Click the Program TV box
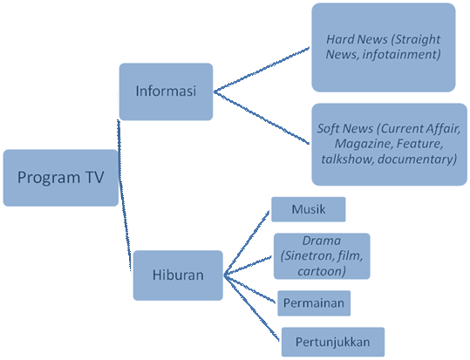61,178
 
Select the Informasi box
166,92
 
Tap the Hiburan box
178,275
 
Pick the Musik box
309,209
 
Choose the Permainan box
314,303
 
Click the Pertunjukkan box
333,342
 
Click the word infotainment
402,55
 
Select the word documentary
417,160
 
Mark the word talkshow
348,159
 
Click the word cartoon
322,271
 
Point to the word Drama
322,241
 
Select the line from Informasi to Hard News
262,69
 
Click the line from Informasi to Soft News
262,118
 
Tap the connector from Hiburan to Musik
247,243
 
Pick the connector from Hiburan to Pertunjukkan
251,308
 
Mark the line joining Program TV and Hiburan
125,195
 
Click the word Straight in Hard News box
415,39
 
